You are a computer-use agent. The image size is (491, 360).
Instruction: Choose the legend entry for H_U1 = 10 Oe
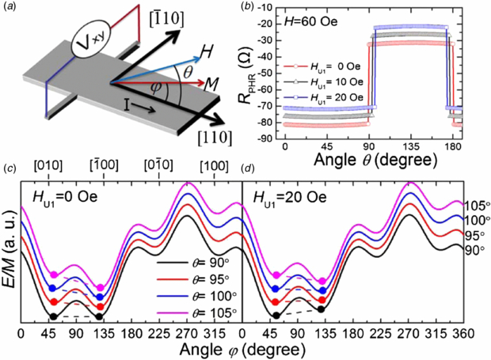pos(333,83)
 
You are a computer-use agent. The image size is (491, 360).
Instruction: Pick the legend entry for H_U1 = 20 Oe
pos(333,97)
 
